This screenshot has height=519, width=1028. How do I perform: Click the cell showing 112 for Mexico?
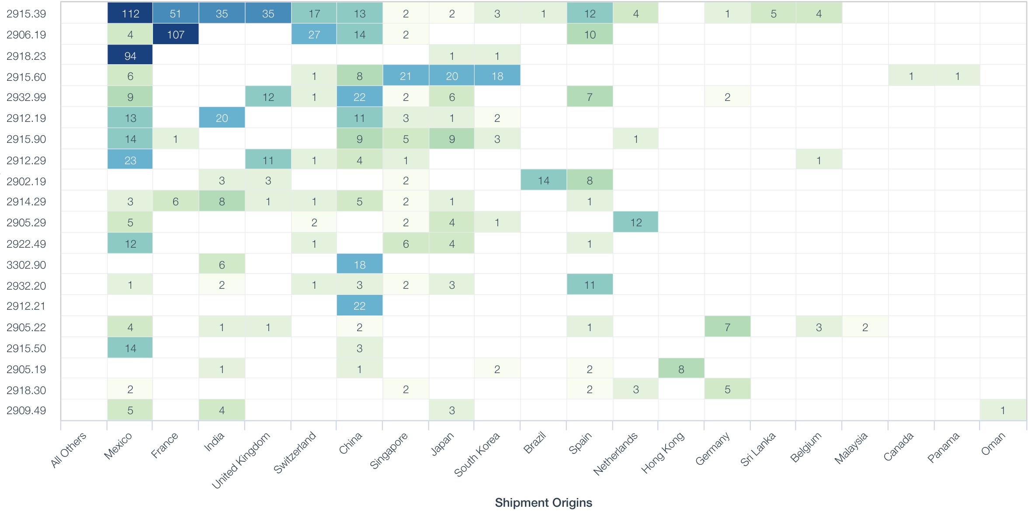(130, 13)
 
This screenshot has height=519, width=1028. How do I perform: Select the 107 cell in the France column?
(176, 35)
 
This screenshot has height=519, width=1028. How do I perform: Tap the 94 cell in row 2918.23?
(130, 55)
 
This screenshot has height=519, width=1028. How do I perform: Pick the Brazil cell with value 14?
(543, 180)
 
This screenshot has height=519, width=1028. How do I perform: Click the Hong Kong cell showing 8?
(681, 369)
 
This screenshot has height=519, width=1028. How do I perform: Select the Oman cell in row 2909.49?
(1003, 410)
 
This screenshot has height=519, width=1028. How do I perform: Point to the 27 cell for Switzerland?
(314, 35)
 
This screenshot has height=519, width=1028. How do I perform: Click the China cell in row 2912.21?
(359, 306)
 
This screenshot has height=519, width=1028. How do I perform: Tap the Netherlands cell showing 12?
(636, 222)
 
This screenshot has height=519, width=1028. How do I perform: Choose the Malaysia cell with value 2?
(865, 327)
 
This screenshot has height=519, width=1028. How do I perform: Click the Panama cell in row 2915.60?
(957, 76)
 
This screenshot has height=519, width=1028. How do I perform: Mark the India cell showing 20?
(222, 118)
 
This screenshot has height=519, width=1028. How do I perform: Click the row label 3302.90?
(26, 265)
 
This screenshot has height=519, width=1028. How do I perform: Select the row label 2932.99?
(26, 97)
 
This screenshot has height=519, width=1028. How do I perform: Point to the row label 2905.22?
(26, 327)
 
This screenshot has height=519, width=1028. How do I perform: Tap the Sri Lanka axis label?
(758, 449)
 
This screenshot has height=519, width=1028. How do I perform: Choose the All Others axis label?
(69, 450)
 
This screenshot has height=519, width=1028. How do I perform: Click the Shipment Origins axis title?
(543, 502)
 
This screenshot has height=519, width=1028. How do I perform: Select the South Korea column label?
(477, 454)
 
